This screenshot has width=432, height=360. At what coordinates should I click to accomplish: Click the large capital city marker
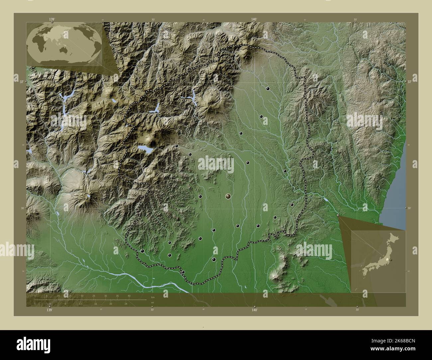[228, 197]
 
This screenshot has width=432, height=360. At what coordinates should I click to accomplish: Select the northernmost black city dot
[268, 89]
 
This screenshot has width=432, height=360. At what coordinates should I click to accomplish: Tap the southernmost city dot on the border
[183, 272]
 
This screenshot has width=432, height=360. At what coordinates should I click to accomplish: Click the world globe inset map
[64, 44]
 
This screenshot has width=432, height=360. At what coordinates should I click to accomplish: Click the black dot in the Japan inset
[391, 260]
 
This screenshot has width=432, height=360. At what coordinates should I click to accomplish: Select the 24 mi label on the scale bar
[126, 304]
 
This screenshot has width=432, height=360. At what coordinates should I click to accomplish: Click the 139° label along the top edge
[52, 20]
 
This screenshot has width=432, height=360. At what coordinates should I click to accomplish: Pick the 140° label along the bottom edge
[255, 310]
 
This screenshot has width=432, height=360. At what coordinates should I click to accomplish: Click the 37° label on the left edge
[22, 81]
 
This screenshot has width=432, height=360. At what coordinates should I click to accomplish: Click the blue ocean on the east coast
[395, 199]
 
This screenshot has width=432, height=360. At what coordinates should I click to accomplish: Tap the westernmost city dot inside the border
[143, 251]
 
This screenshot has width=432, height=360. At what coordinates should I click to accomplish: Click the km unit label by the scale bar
[153, 297]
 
